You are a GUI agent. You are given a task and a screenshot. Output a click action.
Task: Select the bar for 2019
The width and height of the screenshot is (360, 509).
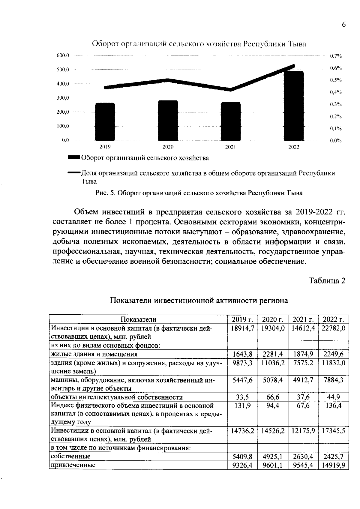(105, 121)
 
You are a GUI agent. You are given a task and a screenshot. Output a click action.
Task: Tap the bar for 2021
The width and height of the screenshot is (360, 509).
(231, 121)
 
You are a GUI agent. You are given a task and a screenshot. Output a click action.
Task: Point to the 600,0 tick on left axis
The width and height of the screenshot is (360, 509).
(63, 55)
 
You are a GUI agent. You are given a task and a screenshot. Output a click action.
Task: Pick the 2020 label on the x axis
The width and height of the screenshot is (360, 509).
(168, 147)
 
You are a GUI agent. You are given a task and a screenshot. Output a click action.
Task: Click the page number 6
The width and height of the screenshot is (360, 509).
(343, 25)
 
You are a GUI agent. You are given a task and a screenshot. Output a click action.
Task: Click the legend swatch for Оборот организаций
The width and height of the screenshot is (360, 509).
(74, 157)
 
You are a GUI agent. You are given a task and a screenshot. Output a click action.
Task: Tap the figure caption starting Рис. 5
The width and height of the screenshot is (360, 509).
(199, 193)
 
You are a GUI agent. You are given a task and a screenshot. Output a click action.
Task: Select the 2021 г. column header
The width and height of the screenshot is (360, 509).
(303, 319)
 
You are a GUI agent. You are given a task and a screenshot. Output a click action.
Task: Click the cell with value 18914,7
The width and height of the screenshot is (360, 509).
(242, 328)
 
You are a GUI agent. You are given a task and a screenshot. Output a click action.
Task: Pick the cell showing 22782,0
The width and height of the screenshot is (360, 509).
(333, 328)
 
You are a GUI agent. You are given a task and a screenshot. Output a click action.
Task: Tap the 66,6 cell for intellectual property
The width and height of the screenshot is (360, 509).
(273, 397)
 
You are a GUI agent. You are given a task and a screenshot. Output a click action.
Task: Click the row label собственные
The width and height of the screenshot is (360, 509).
(71, 456)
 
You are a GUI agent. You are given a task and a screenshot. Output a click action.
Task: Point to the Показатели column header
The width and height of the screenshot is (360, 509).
(138, 319)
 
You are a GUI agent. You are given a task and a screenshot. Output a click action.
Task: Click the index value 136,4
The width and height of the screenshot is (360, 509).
(333, 406)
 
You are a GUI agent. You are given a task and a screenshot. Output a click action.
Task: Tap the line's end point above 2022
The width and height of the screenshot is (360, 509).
(293, 66)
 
